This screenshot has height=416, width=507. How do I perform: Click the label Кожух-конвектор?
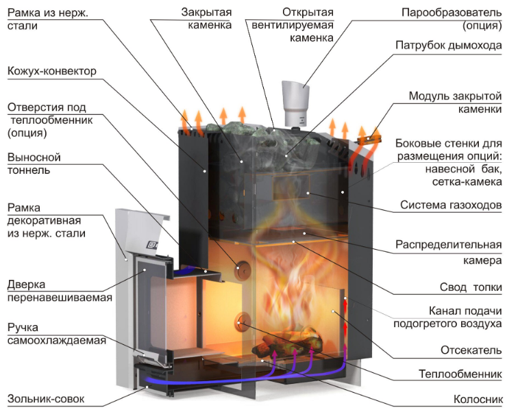pos(52,71)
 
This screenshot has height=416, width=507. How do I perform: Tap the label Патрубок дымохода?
pos(449,45)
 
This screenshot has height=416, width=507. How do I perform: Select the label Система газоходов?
pos(451,205)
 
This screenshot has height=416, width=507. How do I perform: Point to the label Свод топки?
pos(471,287)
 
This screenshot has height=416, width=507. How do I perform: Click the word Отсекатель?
pos(471,350)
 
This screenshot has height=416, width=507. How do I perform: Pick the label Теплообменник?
pos(460,374)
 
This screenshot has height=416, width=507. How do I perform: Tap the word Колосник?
pos(478,399)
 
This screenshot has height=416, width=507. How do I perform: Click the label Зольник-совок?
pos(46,399)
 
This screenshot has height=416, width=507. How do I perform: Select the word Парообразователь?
pos(452,13)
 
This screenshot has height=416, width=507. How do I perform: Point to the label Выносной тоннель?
pos(34,164)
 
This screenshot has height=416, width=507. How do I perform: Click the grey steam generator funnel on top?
pos(295,103)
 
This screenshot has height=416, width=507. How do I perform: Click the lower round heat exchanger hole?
pos(242,323)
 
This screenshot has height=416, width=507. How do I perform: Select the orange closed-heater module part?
pos(369,140)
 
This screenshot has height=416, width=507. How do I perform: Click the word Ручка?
pos(23,328)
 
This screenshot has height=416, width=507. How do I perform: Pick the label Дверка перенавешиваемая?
pos(60,291)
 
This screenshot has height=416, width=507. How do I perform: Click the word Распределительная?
pos(448,245)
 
